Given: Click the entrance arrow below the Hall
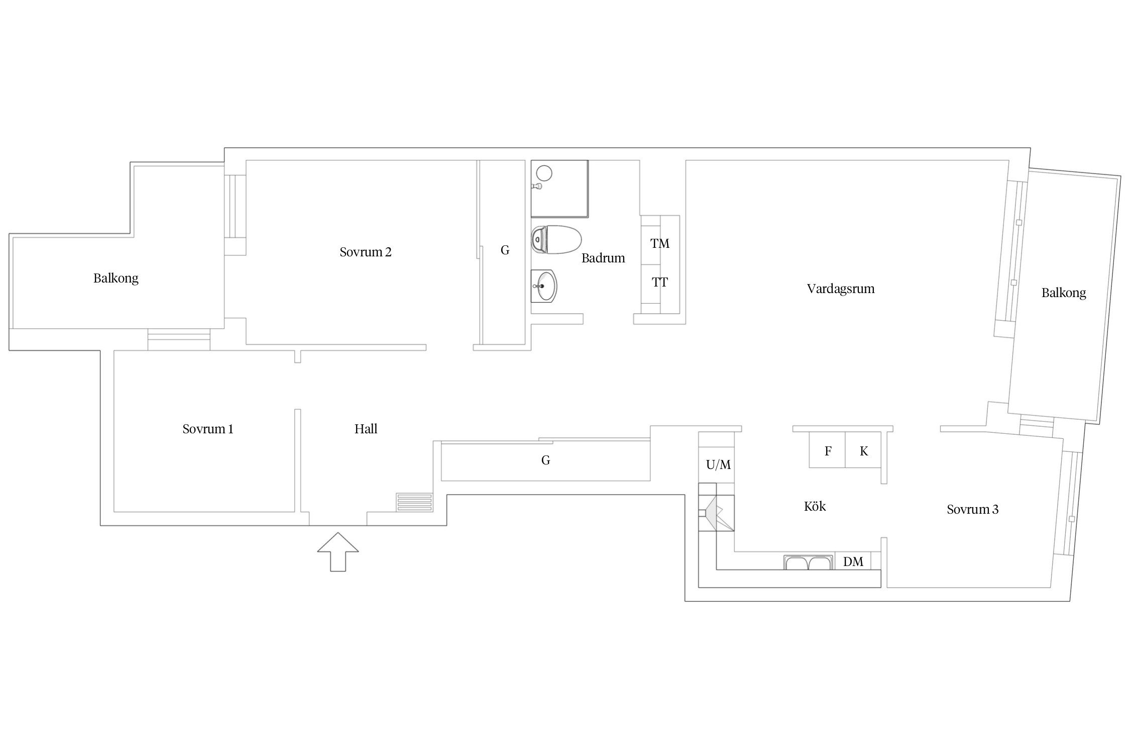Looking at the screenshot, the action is point(338,551).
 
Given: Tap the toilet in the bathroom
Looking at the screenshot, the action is point(556,240).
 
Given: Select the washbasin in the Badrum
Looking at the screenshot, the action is point(544,286).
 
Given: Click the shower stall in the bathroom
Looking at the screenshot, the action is point(559,189).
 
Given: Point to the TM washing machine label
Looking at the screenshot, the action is point(660,244).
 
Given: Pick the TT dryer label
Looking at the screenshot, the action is point(660,282).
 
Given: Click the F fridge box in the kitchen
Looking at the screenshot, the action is point(827,450).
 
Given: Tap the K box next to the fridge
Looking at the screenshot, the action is point(864,450).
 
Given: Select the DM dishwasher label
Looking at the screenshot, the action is point(853,561).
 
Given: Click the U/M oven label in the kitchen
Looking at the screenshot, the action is point(718,465).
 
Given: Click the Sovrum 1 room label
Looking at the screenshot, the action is point(208,429).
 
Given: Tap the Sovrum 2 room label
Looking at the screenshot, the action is point(366,252).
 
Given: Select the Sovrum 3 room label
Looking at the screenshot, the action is point(973,509).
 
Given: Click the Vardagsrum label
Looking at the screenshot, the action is point(841,289).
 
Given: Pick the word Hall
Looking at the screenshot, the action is point(366,429).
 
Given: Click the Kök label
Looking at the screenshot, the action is point(815,506).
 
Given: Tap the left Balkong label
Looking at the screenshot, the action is point(116,278).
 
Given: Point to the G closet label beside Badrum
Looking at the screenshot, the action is point(505,250).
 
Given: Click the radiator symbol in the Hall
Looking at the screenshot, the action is point(414,502).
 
